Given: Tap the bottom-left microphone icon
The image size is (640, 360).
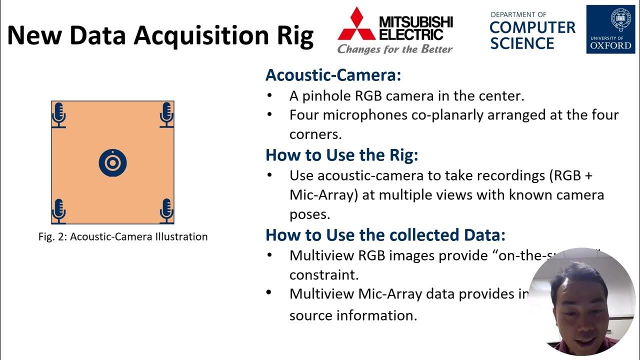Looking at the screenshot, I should pyautogui.click(x=59, y=210).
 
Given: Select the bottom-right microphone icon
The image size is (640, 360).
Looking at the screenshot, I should pyautogui.click(x=166, y=210).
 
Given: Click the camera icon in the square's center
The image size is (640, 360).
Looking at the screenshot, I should pyautogui.click(x=112, y=163).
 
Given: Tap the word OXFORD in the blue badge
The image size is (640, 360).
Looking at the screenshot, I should pyautogui.click(x=610, y=45).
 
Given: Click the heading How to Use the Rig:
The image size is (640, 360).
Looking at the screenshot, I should pyautogui.click(x=341, y=155).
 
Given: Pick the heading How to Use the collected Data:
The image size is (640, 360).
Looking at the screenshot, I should pyautogui.click(x=385, y=235).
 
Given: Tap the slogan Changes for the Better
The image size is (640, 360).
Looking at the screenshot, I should pyautogui.click(x=394, y=49).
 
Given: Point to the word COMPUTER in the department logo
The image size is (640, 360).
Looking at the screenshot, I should pyautogui.click(x=532, y=28).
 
